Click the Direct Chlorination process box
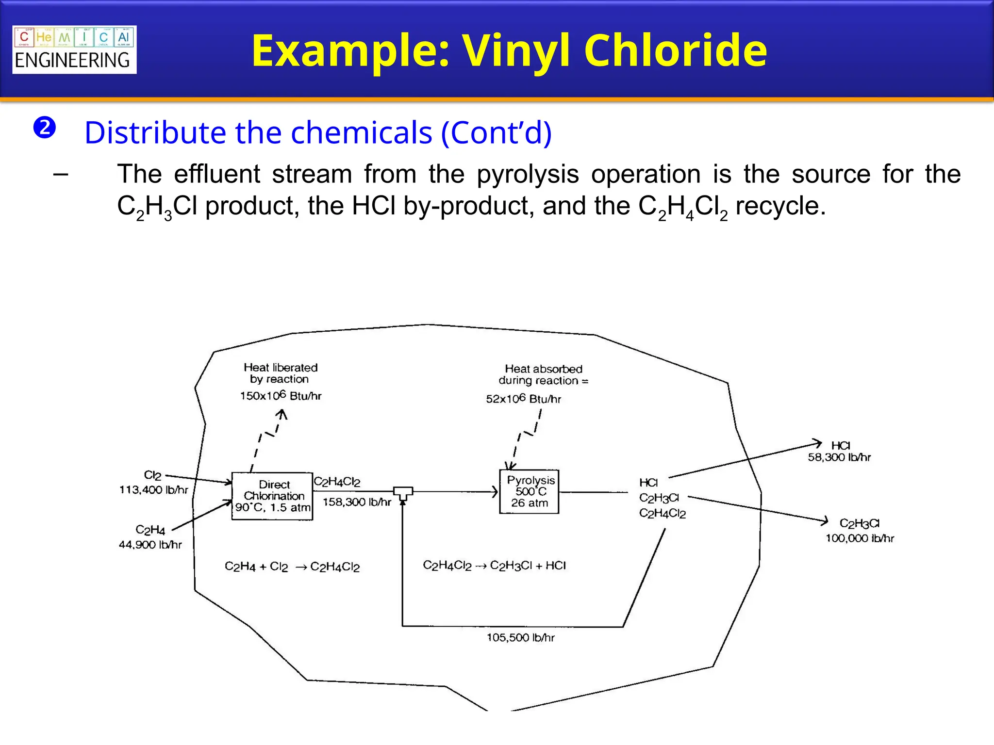pos(272,496)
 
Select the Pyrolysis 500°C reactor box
pos(529,491)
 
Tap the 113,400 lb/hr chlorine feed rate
pos(153,490)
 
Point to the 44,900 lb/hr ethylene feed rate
pos(150,545)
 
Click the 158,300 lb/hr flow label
pos(357,502)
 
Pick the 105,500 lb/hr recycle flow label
pos(520,637)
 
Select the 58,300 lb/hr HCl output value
pos(839,457)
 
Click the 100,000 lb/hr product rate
pos(860,538)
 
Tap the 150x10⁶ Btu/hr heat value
pos(281,396)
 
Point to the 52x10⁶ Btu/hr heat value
pos(523,399)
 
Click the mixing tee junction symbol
pos(403,493)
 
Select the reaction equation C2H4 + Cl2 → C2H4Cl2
pos(292,567)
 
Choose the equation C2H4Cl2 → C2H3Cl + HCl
pos(494,566)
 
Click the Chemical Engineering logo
pos(74,49)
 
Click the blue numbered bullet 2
pos(45,128)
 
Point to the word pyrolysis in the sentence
pos(528,175)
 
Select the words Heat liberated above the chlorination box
pos(281,367)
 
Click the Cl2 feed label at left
pos(152,475)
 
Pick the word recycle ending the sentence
pos(780,206)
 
